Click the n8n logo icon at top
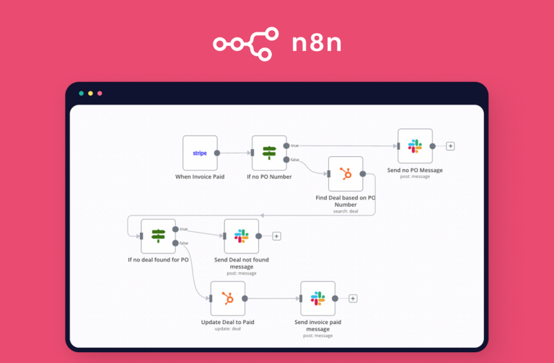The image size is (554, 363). (x=245, y=44)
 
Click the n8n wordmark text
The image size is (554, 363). (x=316, y=44)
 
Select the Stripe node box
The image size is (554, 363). (x=200, y=153)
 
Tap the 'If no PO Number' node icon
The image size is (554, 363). (x=269, y=153)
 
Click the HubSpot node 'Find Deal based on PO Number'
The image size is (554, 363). (x=346, y=174)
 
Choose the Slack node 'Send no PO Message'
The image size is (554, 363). (x=415, y=146)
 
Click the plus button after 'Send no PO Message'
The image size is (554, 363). (x=450, y=146)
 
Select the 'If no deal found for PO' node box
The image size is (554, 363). (x=158, y=236)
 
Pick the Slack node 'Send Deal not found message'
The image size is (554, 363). (x=241, y=236)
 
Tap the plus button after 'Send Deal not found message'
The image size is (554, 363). (x=276, y=236)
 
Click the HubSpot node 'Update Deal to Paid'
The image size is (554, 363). (x=227, y=298)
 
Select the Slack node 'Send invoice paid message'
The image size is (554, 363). (x=317, y=298)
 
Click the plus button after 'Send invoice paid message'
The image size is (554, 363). (x=353, y=298)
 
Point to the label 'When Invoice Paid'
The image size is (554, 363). (x=200, y=176)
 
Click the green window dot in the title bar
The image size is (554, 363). (x=81, y=94)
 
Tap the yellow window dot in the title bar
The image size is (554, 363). (x=90, y=94)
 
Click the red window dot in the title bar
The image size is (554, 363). (x=100, y=94)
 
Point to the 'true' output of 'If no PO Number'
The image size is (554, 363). (x=286, y=146)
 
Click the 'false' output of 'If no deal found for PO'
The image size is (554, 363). (x=175, y=243)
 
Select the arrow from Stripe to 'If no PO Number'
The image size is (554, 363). (x=234, y=153)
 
